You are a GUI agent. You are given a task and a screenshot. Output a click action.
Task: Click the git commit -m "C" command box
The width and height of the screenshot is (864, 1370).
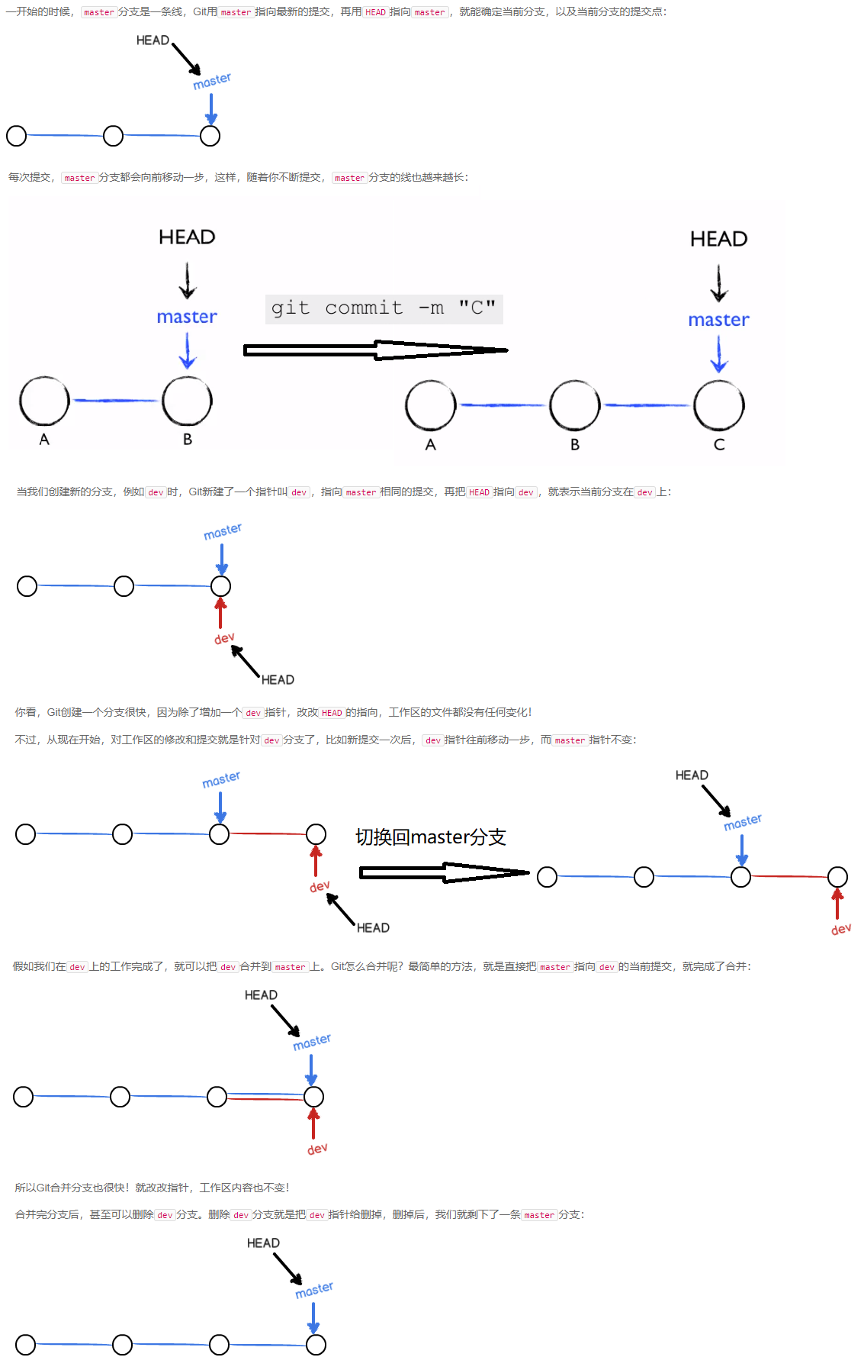click(x=384, y=308)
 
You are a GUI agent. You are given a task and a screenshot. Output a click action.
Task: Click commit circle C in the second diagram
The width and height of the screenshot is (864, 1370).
click(x=718, y=405)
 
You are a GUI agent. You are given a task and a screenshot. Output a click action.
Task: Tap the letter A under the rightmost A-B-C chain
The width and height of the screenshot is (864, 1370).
click(x=431, y=445)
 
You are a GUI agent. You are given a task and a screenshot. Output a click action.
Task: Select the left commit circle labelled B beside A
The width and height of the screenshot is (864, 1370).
click(x=187, y=401)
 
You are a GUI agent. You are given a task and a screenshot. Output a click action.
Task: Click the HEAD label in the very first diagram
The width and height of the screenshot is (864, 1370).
click(x=153, y=40)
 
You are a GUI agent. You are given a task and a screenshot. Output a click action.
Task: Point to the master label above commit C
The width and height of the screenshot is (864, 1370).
click(x=718, y=320)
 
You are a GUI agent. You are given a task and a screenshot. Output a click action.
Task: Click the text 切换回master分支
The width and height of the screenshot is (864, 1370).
click(x=430, y=837)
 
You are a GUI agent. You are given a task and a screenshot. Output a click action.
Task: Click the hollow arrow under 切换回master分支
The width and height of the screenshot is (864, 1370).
click(x=444, y=872)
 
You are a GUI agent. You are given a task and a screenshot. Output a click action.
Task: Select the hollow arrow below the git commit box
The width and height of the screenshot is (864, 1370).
click(x=375, y=350)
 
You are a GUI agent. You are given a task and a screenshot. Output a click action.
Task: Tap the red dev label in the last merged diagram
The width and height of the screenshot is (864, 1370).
click(x=317, y=1149)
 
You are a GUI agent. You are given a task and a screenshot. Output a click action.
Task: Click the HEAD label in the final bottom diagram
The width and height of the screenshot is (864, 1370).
click(x=263, y=1243)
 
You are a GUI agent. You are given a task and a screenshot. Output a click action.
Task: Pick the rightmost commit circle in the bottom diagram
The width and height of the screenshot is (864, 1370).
click(x=316, y=1345)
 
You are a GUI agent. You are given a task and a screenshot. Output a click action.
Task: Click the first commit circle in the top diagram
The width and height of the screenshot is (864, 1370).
click(x=16, y=136)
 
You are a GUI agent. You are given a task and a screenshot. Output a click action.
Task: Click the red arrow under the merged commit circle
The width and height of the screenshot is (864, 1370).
click(x=313, y=1123)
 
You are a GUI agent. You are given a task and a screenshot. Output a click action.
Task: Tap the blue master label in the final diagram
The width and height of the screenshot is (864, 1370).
click(x=314, y=1289)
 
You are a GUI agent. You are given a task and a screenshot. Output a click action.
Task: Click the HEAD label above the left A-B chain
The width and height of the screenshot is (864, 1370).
click(x=187, y=237)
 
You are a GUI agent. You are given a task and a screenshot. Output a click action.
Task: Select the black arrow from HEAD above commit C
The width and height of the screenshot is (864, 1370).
click(x=718, y=283)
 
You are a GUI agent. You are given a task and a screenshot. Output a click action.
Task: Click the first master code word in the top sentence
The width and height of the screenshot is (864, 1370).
click(x=98, y=12)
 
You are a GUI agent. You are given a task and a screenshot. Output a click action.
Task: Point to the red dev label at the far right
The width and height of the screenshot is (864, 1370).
click(x=841, y=929)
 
